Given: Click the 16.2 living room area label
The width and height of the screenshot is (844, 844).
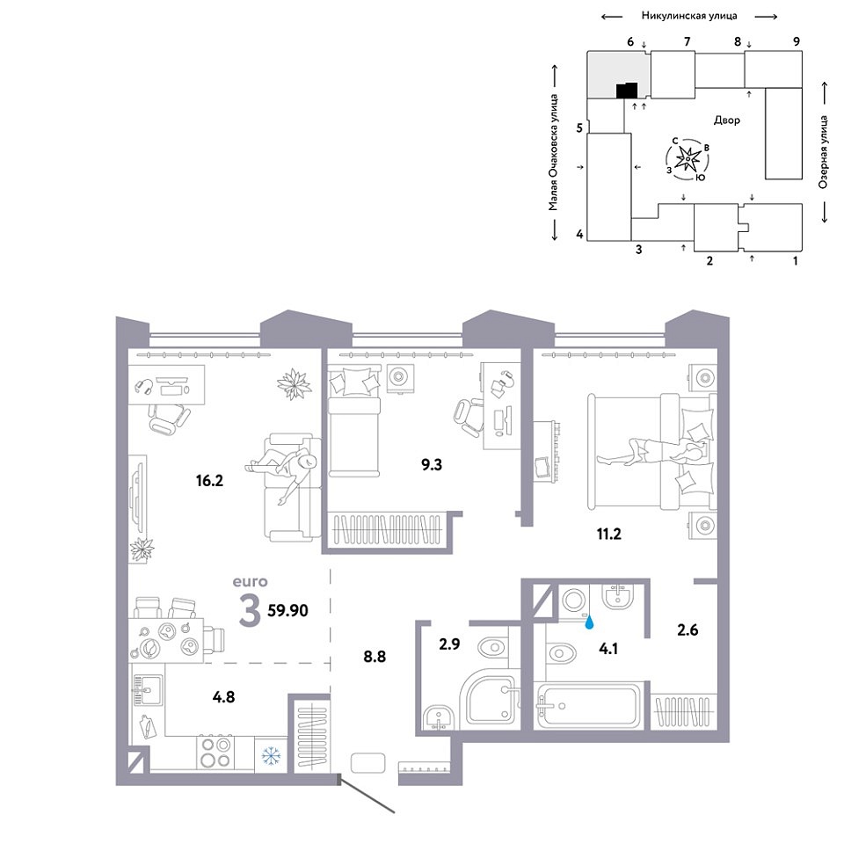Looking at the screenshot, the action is pyautogui.click(x=209, y=480).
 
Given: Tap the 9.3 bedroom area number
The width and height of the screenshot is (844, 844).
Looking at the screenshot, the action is pyautogui.click(x=432, y=464).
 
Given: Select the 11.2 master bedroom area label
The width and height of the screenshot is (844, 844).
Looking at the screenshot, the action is pyautogui.click(x=608, y=534).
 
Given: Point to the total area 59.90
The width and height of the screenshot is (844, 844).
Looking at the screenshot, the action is pyautogui.click(x=288, y=610).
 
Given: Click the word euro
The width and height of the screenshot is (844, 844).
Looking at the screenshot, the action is pyautogui.click(x=251, y=582).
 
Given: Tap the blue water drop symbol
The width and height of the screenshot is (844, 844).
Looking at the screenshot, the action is pyautogui.click(x=591, y=622).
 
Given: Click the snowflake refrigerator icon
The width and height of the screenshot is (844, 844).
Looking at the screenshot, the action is pyautogui.click(x=272, y=756).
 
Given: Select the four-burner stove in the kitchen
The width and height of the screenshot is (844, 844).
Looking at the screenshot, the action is pyautogui.click(x=215, y=753).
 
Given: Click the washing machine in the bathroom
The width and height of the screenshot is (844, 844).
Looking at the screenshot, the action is pyautogui.click(x=575, y=600).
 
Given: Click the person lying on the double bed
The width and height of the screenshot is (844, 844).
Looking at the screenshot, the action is pyautogui.click(x=652, y=451).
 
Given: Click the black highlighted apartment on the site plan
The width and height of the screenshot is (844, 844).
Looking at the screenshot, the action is pyautogui.click(x=627, y=91).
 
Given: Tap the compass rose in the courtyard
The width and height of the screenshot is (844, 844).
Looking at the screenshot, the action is pyautogui.click(x=688, y=159).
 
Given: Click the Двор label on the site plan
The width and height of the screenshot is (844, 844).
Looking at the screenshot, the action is pyautogui.click(x=727, y=120).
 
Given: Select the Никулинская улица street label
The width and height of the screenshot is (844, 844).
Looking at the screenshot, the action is pyautogui.click(x=689, y=16).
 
